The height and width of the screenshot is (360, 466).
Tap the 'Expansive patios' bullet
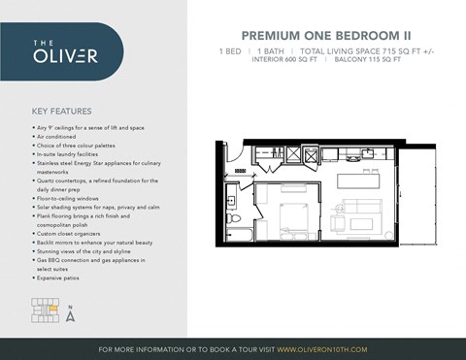click(59, 278)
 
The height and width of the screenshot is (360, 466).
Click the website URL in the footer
click(321, 349)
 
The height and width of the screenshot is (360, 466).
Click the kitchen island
click(358, 181)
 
